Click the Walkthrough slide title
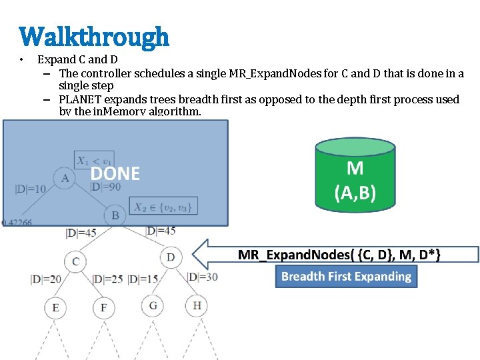94,37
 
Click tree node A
65,177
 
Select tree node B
115,215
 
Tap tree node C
75,261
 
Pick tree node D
171,257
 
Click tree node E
55,308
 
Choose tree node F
103,308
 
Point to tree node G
153,305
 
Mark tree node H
197,305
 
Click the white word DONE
115,174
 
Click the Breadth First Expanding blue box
346,276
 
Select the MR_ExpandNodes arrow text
339,255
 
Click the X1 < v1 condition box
92,160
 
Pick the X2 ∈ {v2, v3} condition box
163,207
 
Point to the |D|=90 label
105,187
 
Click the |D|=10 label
31,189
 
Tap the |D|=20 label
46,279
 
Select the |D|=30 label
203,277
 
